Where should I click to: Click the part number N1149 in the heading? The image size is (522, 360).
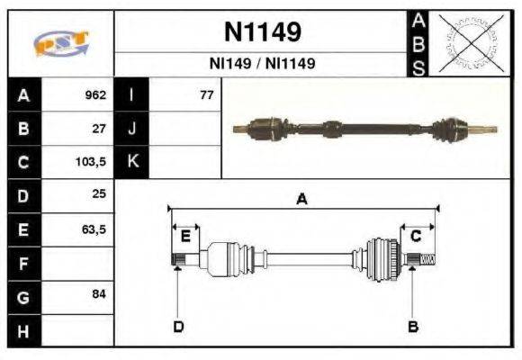point(262,33)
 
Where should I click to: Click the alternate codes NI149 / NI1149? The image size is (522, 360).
point(262,64)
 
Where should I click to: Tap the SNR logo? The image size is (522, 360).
point(60,42)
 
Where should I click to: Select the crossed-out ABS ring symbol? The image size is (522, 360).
point(469,42)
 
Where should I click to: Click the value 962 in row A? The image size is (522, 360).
point(95,94)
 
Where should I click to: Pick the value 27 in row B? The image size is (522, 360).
point(99,129)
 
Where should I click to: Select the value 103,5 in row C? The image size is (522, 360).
point(93,163)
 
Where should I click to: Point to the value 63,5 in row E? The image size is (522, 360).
point(94,229)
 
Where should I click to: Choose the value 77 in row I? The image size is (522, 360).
point(206,94)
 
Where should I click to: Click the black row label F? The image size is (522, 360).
point(22,264)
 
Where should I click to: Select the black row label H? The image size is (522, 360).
point(22,330)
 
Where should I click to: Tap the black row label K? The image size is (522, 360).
point(132,162)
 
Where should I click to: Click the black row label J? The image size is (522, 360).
point(132,129)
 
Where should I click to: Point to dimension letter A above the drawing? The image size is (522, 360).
point(302,200)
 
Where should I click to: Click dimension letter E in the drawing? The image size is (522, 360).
point(185,236)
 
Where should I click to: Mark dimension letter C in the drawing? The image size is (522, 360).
point(416,236)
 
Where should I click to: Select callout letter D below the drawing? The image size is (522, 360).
point(178,326)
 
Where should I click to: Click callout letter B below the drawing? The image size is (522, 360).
point(413,326)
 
